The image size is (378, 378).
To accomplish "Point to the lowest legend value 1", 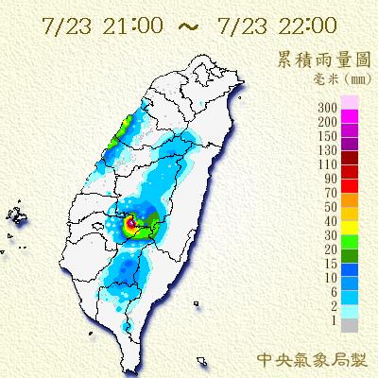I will click(x=332, y=324).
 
